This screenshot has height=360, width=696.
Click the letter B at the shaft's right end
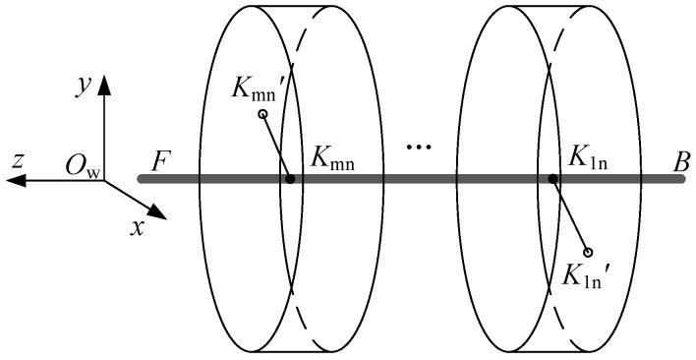pyautogui.click(x=680, y=158)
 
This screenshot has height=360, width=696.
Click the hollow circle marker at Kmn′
pyautogui.click(x=262, y=115)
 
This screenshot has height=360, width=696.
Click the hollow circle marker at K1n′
pyautogui.click(x=589, y=252)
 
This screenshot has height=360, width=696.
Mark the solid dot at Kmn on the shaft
pyautogui.click(x=290, y=179)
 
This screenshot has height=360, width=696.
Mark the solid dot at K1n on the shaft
pyautogui.click(x=554, y=179)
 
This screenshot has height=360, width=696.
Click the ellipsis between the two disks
pyautogui.click(x=419, y=149)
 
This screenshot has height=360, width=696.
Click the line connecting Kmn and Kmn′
pyautogui.click(x=276, y=148)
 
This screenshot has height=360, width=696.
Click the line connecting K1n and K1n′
pyautogui.click(x=571, y=215)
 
